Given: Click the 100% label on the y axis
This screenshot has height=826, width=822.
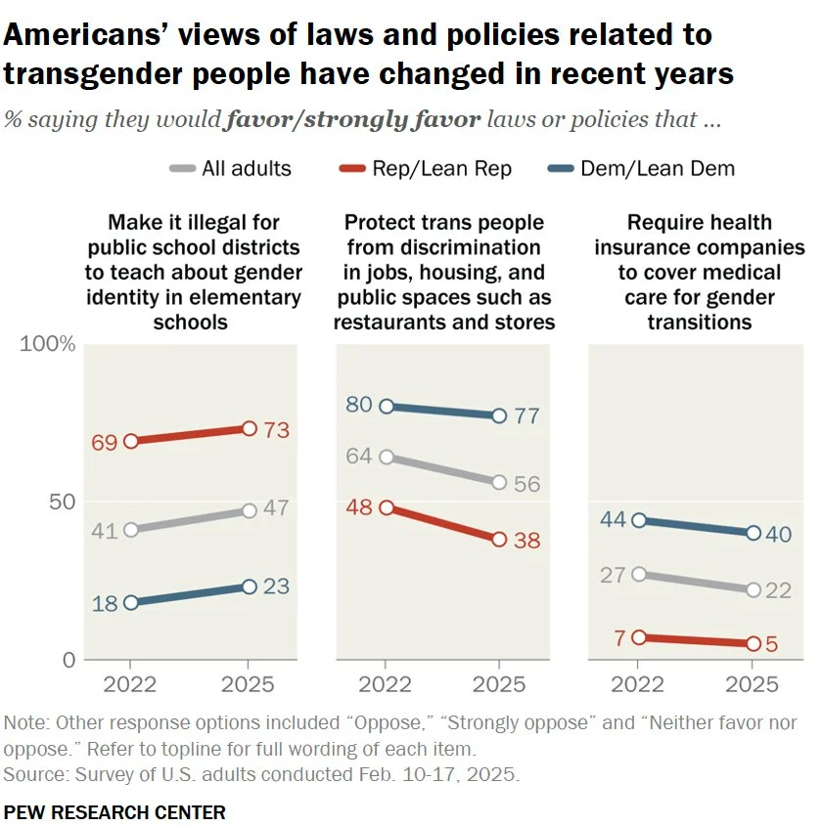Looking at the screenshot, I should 48,344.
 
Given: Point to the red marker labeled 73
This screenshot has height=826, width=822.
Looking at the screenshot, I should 249,428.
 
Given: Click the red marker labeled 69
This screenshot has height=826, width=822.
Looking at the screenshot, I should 132,441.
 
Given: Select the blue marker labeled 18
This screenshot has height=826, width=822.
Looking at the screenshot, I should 132,602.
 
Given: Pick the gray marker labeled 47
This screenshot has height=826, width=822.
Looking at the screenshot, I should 249,510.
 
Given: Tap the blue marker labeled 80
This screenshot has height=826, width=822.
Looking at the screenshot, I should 385,406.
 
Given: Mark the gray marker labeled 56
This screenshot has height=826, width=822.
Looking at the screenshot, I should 499,482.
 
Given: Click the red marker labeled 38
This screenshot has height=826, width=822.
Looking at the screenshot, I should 499,539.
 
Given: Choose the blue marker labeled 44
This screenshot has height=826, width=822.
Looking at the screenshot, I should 638,520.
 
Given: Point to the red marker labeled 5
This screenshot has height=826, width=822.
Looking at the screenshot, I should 753,643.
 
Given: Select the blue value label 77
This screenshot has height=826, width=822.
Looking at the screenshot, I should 526,416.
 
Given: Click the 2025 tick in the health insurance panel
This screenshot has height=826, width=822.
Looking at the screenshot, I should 753,684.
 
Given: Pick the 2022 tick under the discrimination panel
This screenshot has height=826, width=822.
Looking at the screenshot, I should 385,684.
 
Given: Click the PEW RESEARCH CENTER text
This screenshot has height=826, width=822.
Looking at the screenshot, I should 114,811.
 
